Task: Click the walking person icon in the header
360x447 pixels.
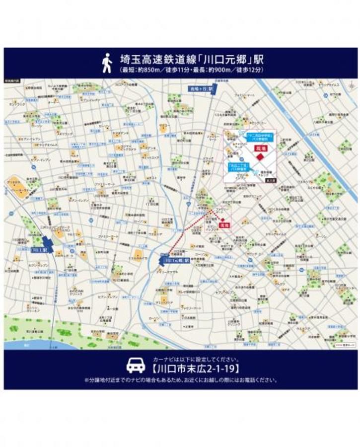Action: pos(107,63)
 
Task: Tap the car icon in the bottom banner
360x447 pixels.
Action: pos(135,366)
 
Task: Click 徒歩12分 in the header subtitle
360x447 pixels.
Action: pos(246,71)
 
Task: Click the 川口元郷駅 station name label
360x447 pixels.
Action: pos(177,260)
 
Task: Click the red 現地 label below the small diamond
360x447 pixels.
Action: pos(225,225)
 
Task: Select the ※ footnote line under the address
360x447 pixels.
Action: pos(180,380)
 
